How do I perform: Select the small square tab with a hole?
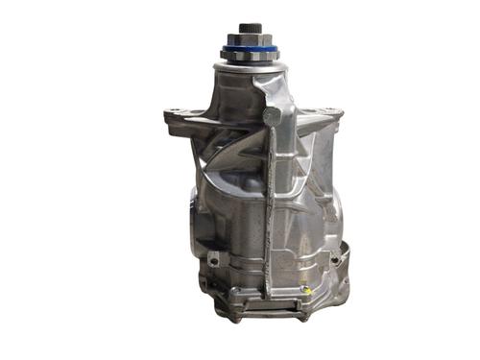click(213, 259)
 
